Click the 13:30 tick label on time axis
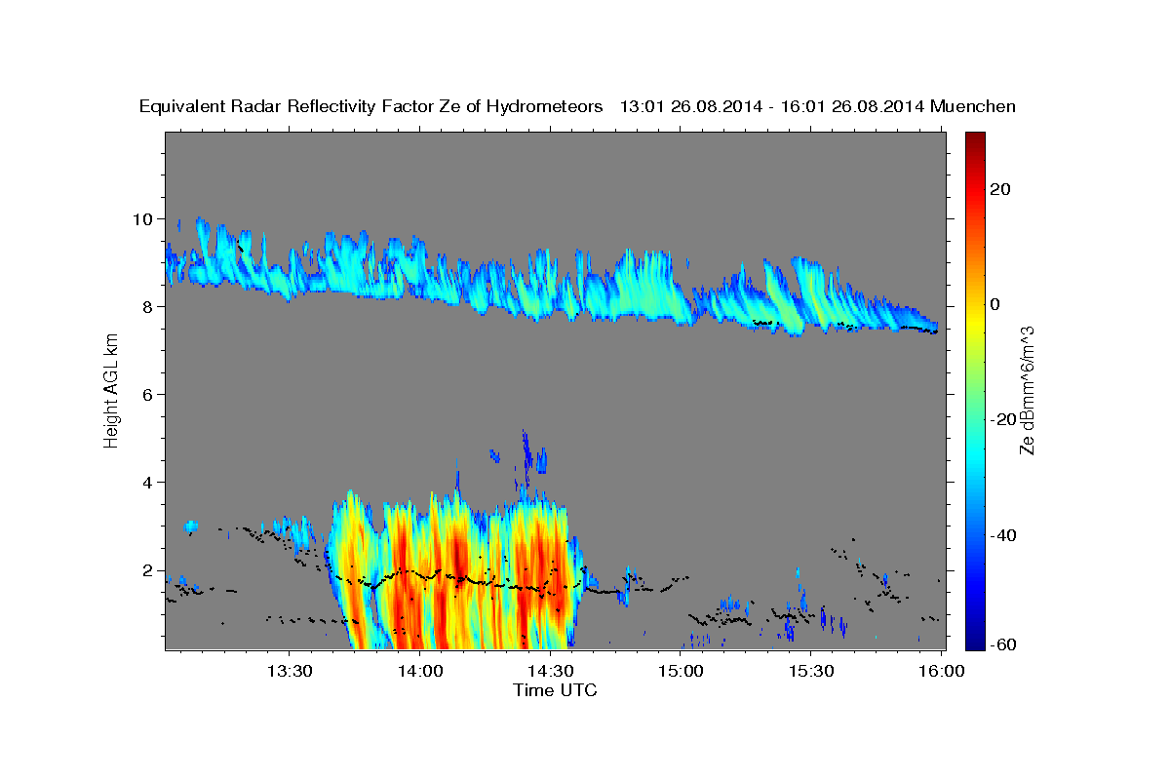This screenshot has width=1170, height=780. (x=290, y=672)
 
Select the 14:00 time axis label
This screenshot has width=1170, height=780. (x=420, y=672)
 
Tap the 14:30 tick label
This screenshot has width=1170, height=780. (x=550, y=672)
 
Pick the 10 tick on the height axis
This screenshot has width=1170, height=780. (x=143, y=218)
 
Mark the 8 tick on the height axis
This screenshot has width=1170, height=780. (x=148, y=306)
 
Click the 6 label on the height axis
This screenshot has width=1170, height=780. (x=148, y=394)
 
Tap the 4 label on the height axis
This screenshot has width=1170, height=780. (x=148, y=482)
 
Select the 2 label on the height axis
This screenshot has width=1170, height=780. (x=148, y=569)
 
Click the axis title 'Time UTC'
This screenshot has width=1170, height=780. (x=555, y=690)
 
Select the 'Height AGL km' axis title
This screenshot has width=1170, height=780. (x=111, y=391)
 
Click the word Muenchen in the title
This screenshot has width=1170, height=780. (x=973, y=106)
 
